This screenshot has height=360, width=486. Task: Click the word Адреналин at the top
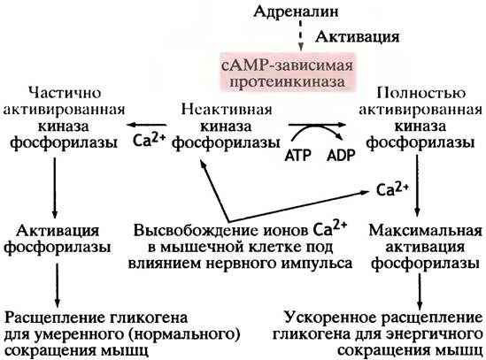pos(296,11)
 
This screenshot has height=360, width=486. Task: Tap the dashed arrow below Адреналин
pos(300,35)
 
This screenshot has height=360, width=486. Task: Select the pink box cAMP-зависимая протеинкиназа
pos(288,73)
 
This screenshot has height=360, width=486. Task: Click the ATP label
pos(297,155)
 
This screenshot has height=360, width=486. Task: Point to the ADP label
pos(341,155)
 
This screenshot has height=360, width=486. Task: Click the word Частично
pos(65,92)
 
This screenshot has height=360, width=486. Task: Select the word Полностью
pos(420,93)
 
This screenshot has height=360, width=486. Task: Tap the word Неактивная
pos(227,110)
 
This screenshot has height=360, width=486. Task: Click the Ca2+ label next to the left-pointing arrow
pos(149,140)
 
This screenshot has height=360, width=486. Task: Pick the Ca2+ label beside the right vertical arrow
pos(392,188)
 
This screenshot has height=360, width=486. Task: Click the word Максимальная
pos(425,231)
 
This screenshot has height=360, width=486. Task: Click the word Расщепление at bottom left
pos(50,318)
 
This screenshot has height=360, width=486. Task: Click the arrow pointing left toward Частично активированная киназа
pos(146,125)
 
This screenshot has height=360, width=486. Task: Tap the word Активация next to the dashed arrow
pos(358,37)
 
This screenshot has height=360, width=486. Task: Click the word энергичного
pos(437,335)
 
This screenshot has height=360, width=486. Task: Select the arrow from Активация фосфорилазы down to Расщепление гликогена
pos(57,285)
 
